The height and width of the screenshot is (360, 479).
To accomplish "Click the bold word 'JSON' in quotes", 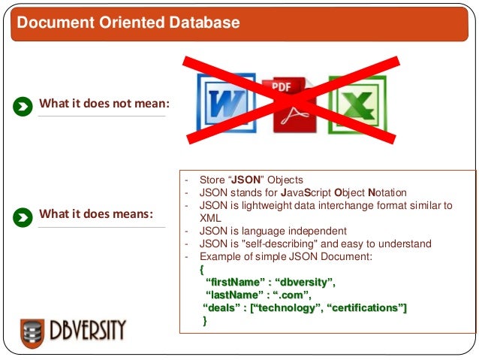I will (x=245, y=180).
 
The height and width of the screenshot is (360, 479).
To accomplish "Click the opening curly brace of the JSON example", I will (x=202, y=269).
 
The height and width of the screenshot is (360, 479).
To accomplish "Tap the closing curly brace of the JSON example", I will (x=205, y=321).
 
